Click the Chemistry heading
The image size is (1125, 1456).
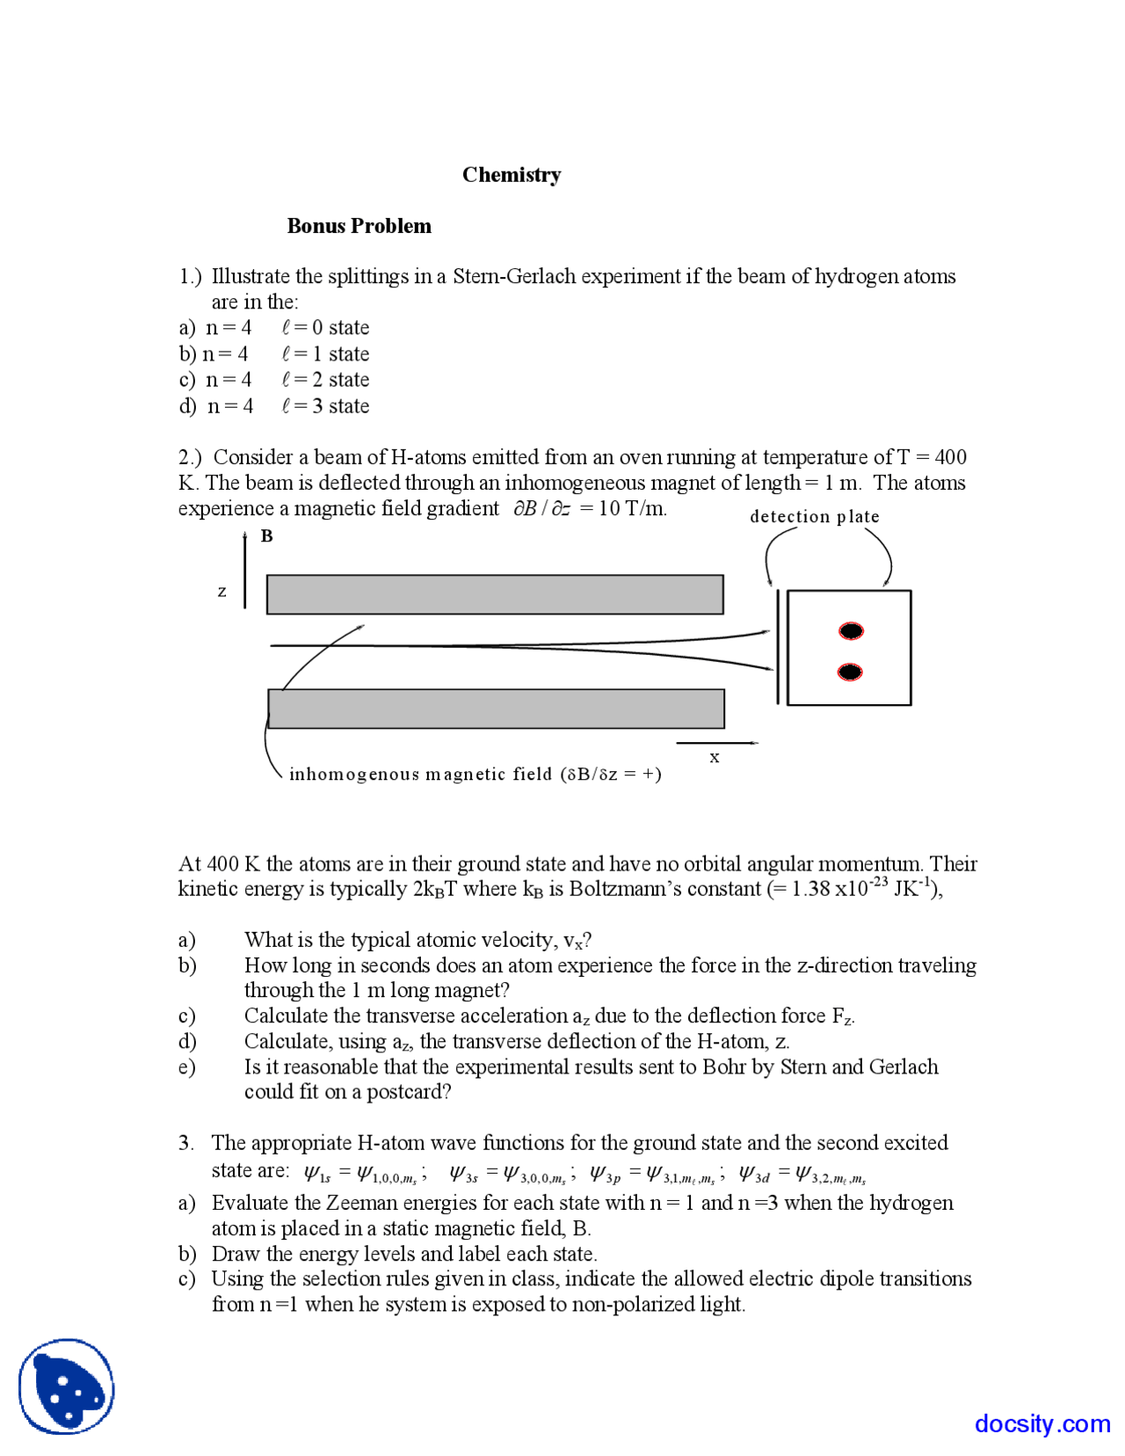click(x=512, y=175)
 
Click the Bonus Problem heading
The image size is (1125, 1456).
click(x=359, y=226)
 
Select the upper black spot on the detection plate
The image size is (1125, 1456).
click(x=851, y=630)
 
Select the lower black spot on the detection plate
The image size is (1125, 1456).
click(x=850, y=672)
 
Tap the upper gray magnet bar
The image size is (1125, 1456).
click(x=495, y=594)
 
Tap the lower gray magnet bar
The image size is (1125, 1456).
click(x=496, y=709)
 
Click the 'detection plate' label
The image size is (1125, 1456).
click(x=814, y=517)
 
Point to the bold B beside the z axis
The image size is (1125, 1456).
click(x=267, y=536)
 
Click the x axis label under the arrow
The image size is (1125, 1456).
click(x=715, y=757)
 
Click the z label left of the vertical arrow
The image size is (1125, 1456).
click(x=222, y=592)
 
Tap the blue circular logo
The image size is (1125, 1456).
click(x=67, y=1387)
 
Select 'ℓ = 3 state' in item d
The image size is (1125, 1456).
click(x=325, y=406)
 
